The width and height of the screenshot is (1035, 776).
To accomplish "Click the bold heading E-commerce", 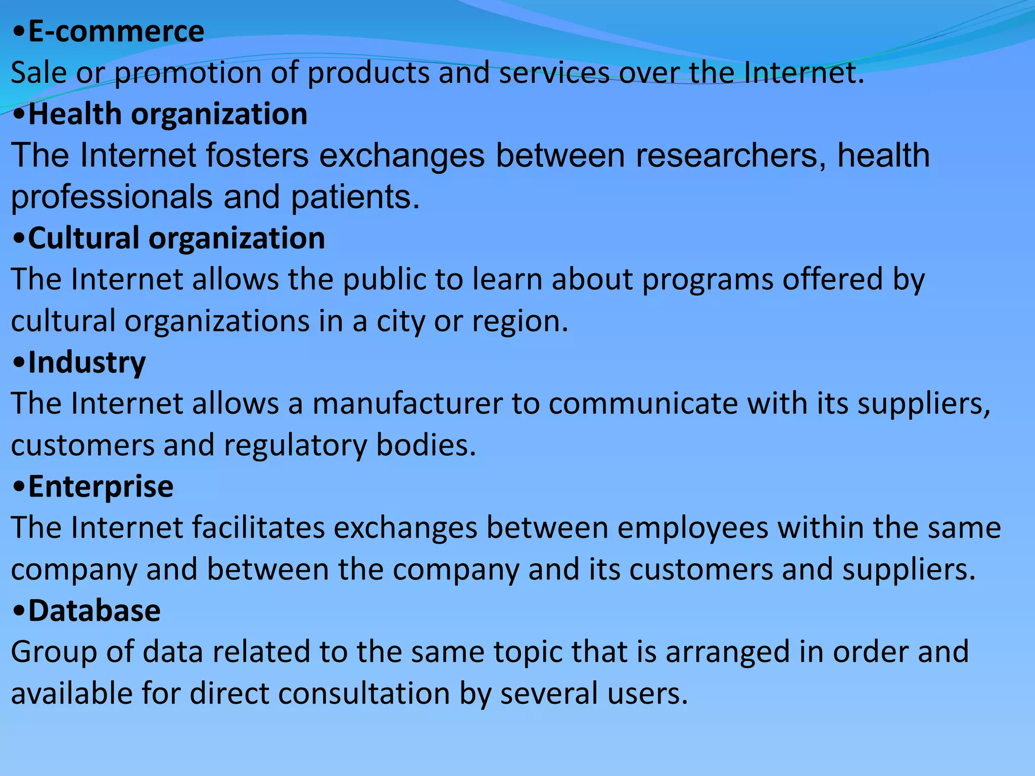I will click(x=116, y=32).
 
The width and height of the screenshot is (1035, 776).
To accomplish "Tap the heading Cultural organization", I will click(x=176, y=238).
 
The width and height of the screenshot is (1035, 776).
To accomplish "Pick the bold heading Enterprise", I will click(x=101, y=487).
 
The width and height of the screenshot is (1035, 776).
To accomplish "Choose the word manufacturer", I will click(x=407, y=404).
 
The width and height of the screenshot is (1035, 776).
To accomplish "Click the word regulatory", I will click(x=296, y=446).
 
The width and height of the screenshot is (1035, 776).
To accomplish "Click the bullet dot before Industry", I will click(x=19, y=363).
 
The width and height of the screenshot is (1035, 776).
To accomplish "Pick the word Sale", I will click(x=39, y=73).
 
